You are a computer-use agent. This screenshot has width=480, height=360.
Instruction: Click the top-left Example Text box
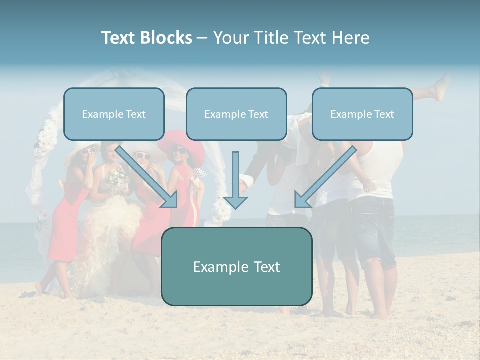(x=114, y=114)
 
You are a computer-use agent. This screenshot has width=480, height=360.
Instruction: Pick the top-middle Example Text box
(x=236, y=114)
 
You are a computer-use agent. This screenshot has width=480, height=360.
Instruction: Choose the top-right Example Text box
(x=362, y=114)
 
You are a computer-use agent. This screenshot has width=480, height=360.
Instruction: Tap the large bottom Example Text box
(x=236, y=267)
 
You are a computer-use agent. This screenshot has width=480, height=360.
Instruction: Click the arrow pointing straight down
(x=235, y=182)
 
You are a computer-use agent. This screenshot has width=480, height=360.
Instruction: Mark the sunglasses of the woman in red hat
(x=179, y=149)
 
